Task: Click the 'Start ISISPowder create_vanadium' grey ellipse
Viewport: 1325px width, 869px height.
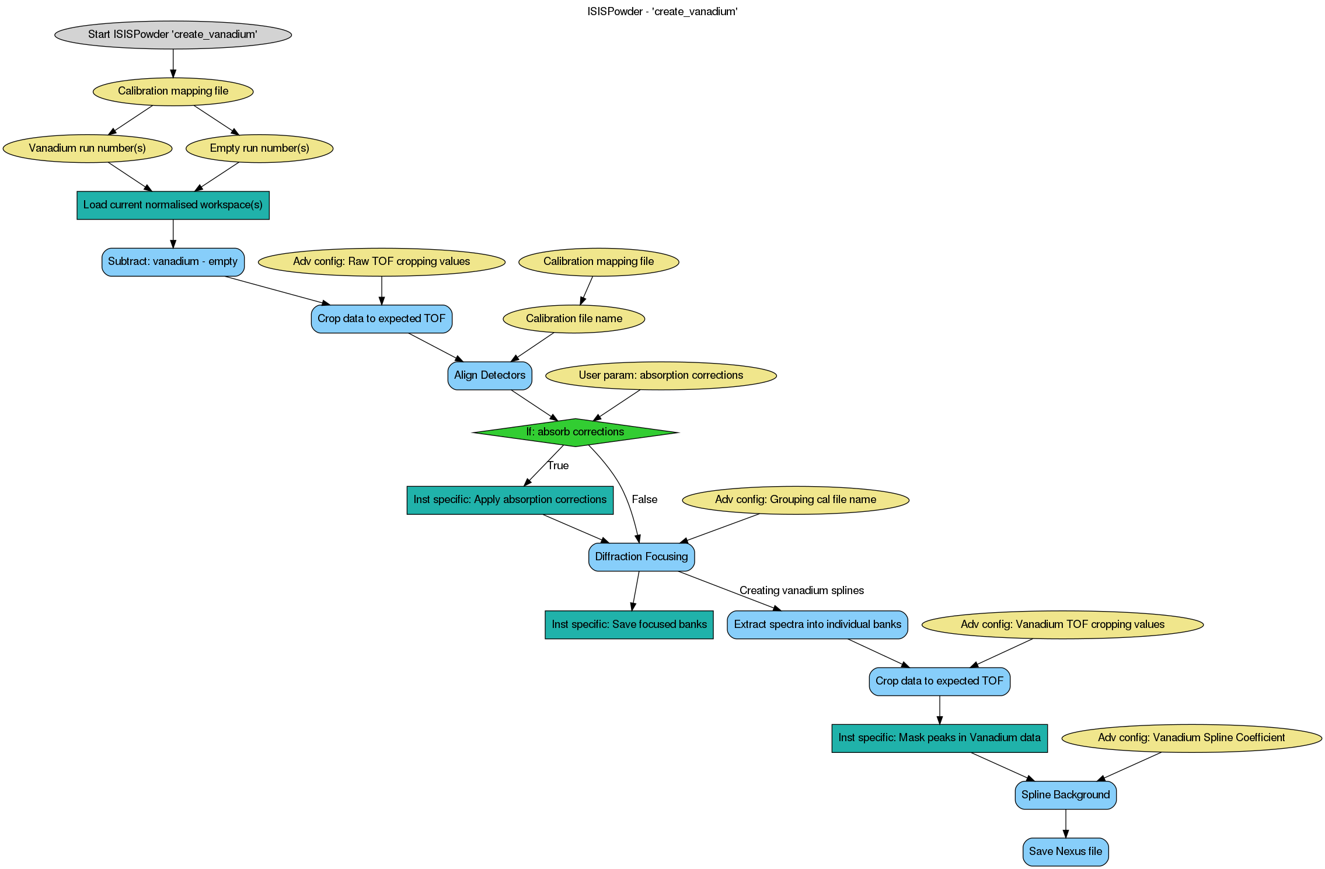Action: pyautogui.click(x=173, y=34)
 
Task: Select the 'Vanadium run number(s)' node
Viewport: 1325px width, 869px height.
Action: pyautogui.click(x=88, y=148)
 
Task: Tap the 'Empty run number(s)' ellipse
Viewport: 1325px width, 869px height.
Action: pyautogui.click(x=259, y=148)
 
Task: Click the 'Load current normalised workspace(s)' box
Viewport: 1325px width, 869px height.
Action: pyautogui.click(x=173, y=205)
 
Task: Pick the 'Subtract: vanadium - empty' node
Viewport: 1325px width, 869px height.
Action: pyautogui.click(x=173, y=261)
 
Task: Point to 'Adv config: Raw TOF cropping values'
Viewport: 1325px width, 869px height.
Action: pyautogui.click(x=381, y=261)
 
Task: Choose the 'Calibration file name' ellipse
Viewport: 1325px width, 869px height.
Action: pyautogui.click(x=574, y=319)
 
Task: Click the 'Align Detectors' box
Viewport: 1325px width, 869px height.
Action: pyautogui.click(x=490, y=375)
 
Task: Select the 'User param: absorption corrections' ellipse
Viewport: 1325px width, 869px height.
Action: pyautogui.click(x=661, y=375)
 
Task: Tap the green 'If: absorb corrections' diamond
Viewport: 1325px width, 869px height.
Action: pyautogui.click(x=575, y=432)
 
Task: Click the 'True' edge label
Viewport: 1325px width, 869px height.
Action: pyautogui.click(x=558, y=466)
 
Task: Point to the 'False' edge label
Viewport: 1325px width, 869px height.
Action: pyautogui.click(x=644, y=500)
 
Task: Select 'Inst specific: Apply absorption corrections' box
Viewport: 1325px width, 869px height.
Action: pyautogui.click(x=510, y=500)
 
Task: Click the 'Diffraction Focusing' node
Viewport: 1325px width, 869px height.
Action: pyautogui.click(x=641, y=557)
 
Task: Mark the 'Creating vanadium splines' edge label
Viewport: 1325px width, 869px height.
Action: pyautogui.click(x=801, y=591)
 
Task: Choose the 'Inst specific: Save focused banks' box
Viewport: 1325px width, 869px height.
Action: pyautogui.click(x=629, y=624)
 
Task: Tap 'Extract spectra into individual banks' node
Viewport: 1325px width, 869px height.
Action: pyautogui.click(x=817, y=624)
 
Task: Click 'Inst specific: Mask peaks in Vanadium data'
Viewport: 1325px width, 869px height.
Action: pyautogui.click(x=939, y=738)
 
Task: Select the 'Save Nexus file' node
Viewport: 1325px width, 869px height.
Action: pyautogui.click(x=1065, y=851)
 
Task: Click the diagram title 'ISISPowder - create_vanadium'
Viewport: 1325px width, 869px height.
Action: pyautogui.click(x=662, y=12)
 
